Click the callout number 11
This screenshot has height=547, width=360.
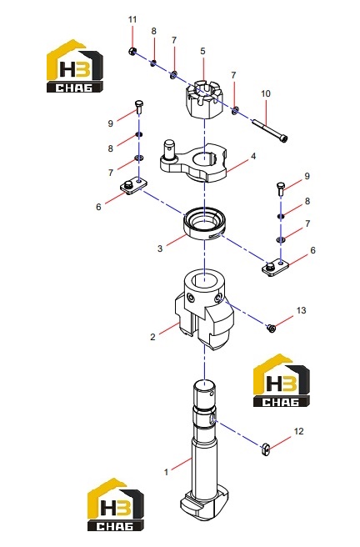pyautogui.click(x=132, y=19)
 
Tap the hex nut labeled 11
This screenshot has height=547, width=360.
pyautogui.click(x=132, y=52)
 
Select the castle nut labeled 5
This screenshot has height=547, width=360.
pyautogui.click(x=203, y=100)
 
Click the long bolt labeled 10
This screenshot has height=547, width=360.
pyautogui.click(x=269, y=130)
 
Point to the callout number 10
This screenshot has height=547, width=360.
pyautogui.click(x=266, y=93)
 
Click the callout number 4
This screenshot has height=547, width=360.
pyautogui.click(x=253, y=156)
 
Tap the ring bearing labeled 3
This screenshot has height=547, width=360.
pyautogui.click(x=204, y=223)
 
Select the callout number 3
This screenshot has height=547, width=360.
pyautogui.click(x=160, y=248)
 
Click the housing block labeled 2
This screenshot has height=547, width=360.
pyautogui.click(x=204, y=309)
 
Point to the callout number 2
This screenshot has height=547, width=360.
pyautogui.click(x=152, y=337)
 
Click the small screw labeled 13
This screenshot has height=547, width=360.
pyautogui.click(x=271, y=328)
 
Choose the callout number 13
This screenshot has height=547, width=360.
pyautogui.click(x=301, y=310)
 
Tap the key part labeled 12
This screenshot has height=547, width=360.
pyautogui.click(x=266, y=449)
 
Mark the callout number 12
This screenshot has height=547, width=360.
pyautogui.click(x=298, y=431)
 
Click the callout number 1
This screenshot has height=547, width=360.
pyautogui.click(x=166, y=472)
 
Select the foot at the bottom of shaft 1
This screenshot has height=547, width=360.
pyautogui.click(x=204, y=504)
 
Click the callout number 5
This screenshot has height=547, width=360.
pyautogui.click(x=202, y=51)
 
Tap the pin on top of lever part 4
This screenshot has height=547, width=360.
pyautogui.click(x=170, y=150)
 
